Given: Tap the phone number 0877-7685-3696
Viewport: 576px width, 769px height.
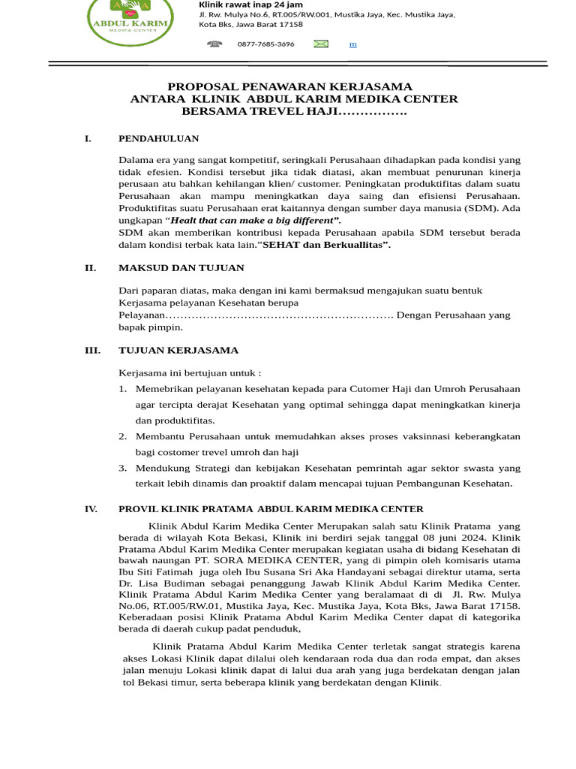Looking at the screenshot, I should [265, 44].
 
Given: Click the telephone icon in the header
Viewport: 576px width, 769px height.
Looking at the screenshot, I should [214, 44].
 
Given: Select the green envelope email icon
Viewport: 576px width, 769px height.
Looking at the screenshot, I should [321, 44].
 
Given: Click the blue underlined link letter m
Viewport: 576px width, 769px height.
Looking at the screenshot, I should [352, 44].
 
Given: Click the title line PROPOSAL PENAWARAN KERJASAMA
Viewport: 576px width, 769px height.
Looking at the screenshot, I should [289, 87].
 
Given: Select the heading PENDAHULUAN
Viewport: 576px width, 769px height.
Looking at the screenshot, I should [159, 138].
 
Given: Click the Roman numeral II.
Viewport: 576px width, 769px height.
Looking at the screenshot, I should [90, 268].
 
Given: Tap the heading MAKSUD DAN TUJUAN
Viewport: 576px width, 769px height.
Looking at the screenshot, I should [181, 268].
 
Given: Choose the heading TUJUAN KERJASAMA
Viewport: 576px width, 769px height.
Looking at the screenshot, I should [178, 350].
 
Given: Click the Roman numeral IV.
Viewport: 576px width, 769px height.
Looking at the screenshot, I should [91, 509].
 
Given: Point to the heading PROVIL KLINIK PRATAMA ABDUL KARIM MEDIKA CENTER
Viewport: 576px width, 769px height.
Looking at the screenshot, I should [271, 509].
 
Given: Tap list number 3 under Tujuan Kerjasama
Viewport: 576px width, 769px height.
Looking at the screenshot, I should [123, 468].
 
